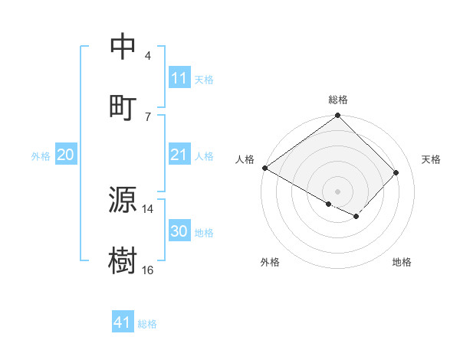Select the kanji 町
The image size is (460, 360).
tap(123, 106)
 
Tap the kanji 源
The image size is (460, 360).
tap(123, 201)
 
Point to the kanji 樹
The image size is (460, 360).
tap(123, 260)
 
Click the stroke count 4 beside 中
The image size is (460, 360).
tap(148, 56)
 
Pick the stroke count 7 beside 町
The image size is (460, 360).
tap(148, 116)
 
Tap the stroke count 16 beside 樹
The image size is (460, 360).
tap(148, 270)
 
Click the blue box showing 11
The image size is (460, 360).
tap(179, 78)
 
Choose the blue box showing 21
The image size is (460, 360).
tap(179, 155)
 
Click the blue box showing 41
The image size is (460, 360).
tap(123, 323)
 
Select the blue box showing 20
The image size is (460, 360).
tap(66, 155)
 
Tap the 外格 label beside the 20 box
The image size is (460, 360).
tap(41, 156)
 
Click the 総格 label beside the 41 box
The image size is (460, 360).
tap(147, 324)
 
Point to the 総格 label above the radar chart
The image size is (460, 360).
tap(337, 100)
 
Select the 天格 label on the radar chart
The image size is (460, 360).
tap(431, 159)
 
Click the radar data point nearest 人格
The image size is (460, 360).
tap(264, 168)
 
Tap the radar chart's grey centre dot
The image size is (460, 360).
tap(337, 191)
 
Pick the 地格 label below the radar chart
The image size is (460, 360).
tap(402, 262)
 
